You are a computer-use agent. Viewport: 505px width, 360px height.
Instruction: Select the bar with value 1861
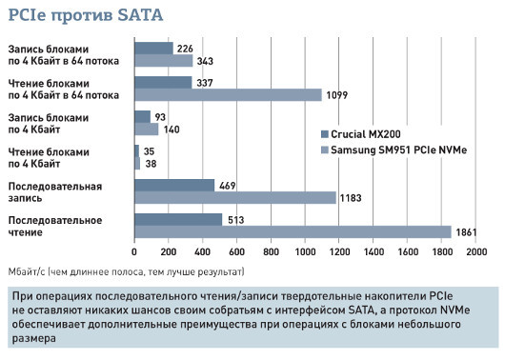(292, 231)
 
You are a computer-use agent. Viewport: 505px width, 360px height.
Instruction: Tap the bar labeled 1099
(228, 94)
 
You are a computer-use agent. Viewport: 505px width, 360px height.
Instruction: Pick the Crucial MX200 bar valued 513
(178, 219)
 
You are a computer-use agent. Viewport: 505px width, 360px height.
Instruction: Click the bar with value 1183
(234, 197)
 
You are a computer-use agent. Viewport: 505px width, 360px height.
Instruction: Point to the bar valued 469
(174, 185)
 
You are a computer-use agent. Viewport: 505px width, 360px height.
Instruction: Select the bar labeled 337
(163, 82)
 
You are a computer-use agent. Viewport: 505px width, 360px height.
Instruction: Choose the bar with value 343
(164, 60)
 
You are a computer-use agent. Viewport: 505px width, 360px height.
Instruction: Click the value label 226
(186, 48)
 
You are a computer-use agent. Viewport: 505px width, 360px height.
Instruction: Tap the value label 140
(172, 129)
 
